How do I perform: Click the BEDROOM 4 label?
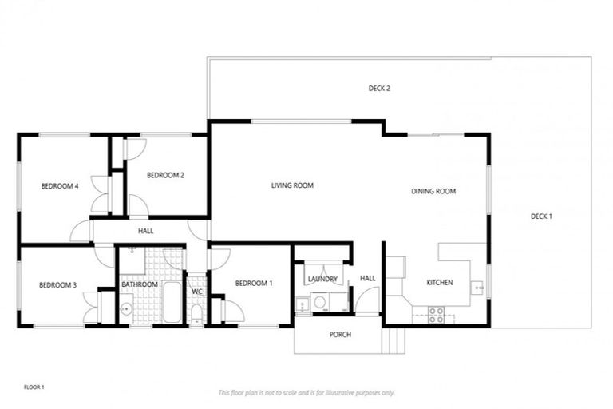pyautogui.click(x=60, y=186)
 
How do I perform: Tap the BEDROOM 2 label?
pyautogui.click(x=166, y=175)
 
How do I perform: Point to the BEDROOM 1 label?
pyautogui.click(x=254, y=283)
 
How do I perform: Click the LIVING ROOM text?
pyautogui.click(x=292, y=185)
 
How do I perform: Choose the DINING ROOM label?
pyautogui.click(x=433, y=191)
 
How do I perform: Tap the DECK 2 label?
pyautogui.click(x=379, y=89)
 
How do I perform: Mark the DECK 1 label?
pyautogui.click(x=541, y=216)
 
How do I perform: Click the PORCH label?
pyautogui.click(x=340, y=334)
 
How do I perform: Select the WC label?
pyautogui.click(x=196, y=292)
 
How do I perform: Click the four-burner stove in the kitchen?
pyautogui.click(x=437, y=315)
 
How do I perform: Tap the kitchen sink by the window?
pyautogui.click(x=478, y=285)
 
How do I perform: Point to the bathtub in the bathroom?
pyautogui.click(x=172, y=302)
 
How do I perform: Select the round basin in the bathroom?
pyautogui.click(x=126, y=309)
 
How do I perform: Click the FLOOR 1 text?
pyautogui.click(x=34, y=387)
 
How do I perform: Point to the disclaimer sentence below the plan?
pyautogui.click(x=306, y=392)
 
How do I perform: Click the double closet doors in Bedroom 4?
pyautogui.click(x=101, y=193)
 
